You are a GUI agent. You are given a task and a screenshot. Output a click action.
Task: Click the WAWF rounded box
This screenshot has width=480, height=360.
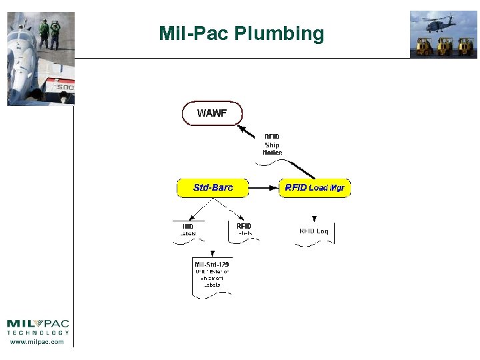[x=212, y=113]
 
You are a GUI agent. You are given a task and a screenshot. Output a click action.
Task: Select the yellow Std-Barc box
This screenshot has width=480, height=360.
[x=213, y=188]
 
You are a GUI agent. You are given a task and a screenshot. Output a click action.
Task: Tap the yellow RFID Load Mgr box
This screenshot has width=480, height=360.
[x=314, y=188]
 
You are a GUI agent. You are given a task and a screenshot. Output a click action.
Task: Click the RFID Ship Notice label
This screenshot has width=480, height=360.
[x=272, y=145]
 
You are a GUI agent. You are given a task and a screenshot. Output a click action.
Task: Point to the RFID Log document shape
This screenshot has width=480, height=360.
[x=314, y=233]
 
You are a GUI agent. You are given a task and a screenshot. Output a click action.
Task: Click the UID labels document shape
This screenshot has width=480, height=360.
[x=189, y=231]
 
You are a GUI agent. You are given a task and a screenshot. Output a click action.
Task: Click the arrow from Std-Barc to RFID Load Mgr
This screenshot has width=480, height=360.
[x=263, y=188]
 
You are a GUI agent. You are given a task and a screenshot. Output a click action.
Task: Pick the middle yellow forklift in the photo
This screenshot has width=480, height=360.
[x=445, y=46]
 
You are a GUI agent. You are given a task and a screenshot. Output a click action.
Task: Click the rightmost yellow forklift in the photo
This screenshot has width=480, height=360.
[x=465, y=46]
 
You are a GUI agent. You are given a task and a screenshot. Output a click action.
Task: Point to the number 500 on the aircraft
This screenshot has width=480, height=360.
[x=65, y=87]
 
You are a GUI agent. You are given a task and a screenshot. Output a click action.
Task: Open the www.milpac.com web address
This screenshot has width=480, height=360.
[x=37, y=342]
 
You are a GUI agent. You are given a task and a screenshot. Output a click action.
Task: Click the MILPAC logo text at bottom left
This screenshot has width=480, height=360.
[x=38, y=324]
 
